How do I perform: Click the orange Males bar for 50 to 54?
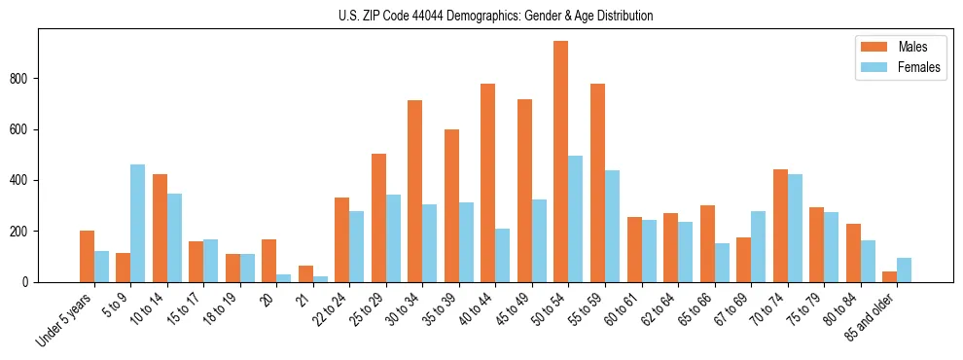coord(560,162)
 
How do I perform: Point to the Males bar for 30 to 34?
coord(414,191)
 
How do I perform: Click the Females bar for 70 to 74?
coord(794,228)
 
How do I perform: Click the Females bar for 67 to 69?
coord(758,246)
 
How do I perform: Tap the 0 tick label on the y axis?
coord(29,282)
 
